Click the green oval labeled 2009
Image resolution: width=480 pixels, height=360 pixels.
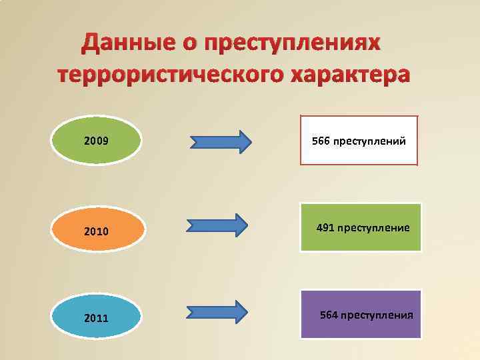click(97, 141)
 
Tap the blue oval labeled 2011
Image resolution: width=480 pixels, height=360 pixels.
click(97, 317)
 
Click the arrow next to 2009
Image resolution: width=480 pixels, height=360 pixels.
click(221, 141)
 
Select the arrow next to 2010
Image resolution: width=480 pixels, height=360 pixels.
click(217, 225)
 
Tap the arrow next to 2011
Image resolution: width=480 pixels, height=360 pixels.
click(217, 311)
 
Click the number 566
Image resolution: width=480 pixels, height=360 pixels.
click(321, 141)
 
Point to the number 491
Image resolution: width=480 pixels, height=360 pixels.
click(325, 228)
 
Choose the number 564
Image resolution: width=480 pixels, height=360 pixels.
click(329, 314)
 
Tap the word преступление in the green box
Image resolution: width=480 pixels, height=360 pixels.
click(373, 228)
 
